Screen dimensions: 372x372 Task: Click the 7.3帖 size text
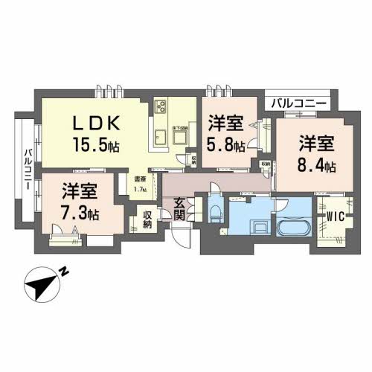(80, 214)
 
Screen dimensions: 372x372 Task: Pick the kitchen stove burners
(161, 107)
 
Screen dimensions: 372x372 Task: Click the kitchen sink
(160, 135)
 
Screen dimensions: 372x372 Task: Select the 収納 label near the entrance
(149, 220)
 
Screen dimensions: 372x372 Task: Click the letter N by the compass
(65, 272)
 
